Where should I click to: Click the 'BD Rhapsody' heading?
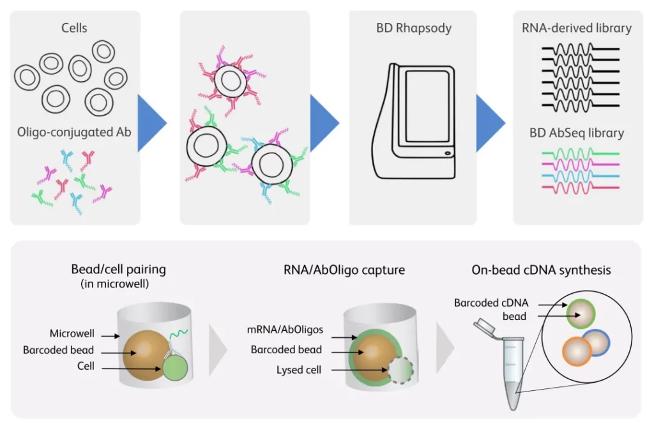pos(413,29)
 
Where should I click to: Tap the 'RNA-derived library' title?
pos(577,28)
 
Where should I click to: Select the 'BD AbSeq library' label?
pos(577,133)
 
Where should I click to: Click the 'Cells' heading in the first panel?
pos(75,28)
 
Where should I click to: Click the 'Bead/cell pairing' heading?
pos(119,270)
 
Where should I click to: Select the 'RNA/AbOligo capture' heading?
pos(344,270)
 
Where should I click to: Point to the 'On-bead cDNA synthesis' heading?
pos(541,270)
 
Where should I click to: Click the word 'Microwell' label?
pos(72,333)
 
